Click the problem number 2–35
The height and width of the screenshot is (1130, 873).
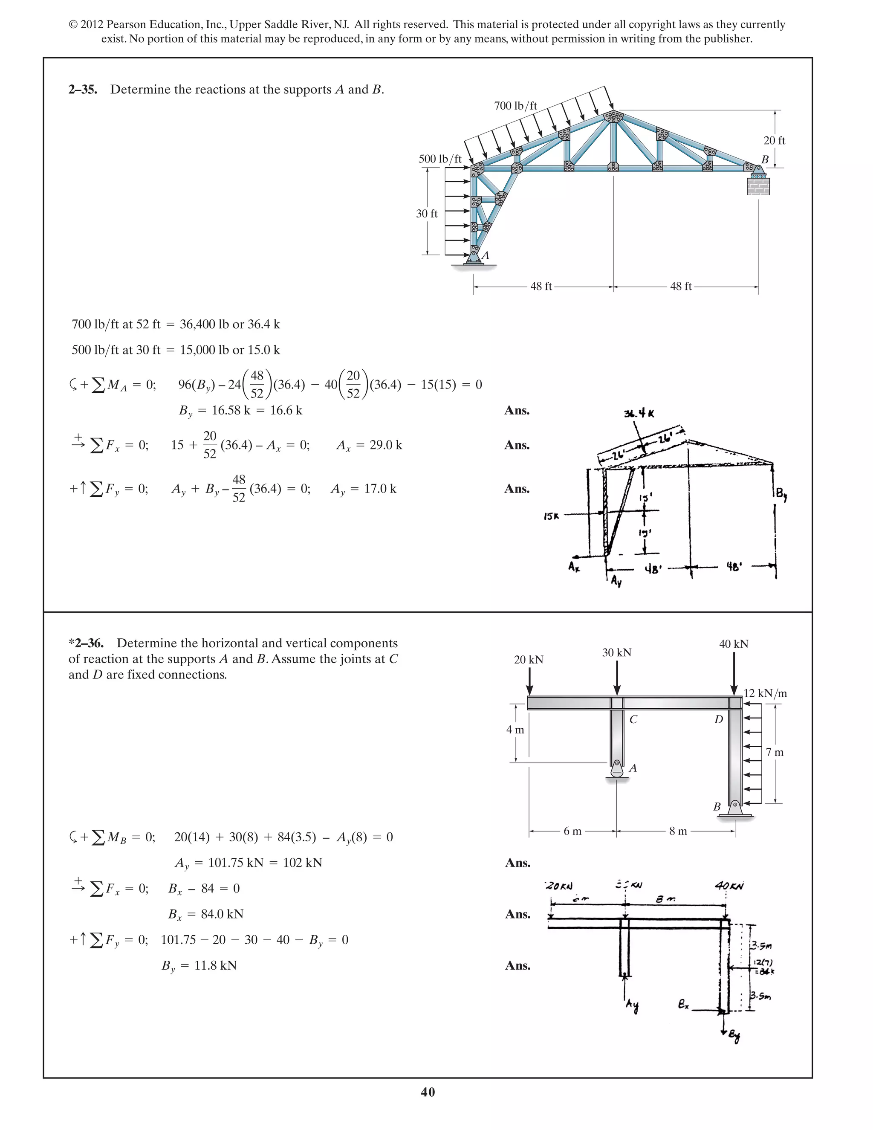coord(83,90)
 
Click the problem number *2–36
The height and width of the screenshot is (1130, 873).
coord(87,643)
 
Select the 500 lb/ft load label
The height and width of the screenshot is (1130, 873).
coord(439,159)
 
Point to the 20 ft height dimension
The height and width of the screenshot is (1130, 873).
coord(774,141)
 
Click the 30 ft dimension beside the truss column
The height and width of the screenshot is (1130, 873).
coord(427,214)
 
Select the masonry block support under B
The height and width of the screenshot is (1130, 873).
coord(758,185)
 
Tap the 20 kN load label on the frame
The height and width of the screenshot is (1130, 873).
coord(529,660)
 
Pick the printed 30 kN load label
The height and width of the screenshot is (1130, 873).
coord(616,652)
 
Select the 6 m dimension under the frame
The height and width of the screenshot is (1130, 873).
coord(572,831)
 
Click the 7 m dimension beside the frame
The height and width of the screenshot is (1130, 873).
coord(775,752)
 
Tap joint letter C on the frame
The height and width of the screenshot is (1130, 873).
coord(633,720)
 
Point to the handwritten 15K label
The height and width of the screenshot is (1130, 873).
coord(551,516)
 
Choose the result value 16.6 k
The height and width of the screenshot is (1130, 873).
coord(286,410)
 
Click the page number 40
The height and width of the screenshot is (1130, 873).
coord(428,1092)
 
